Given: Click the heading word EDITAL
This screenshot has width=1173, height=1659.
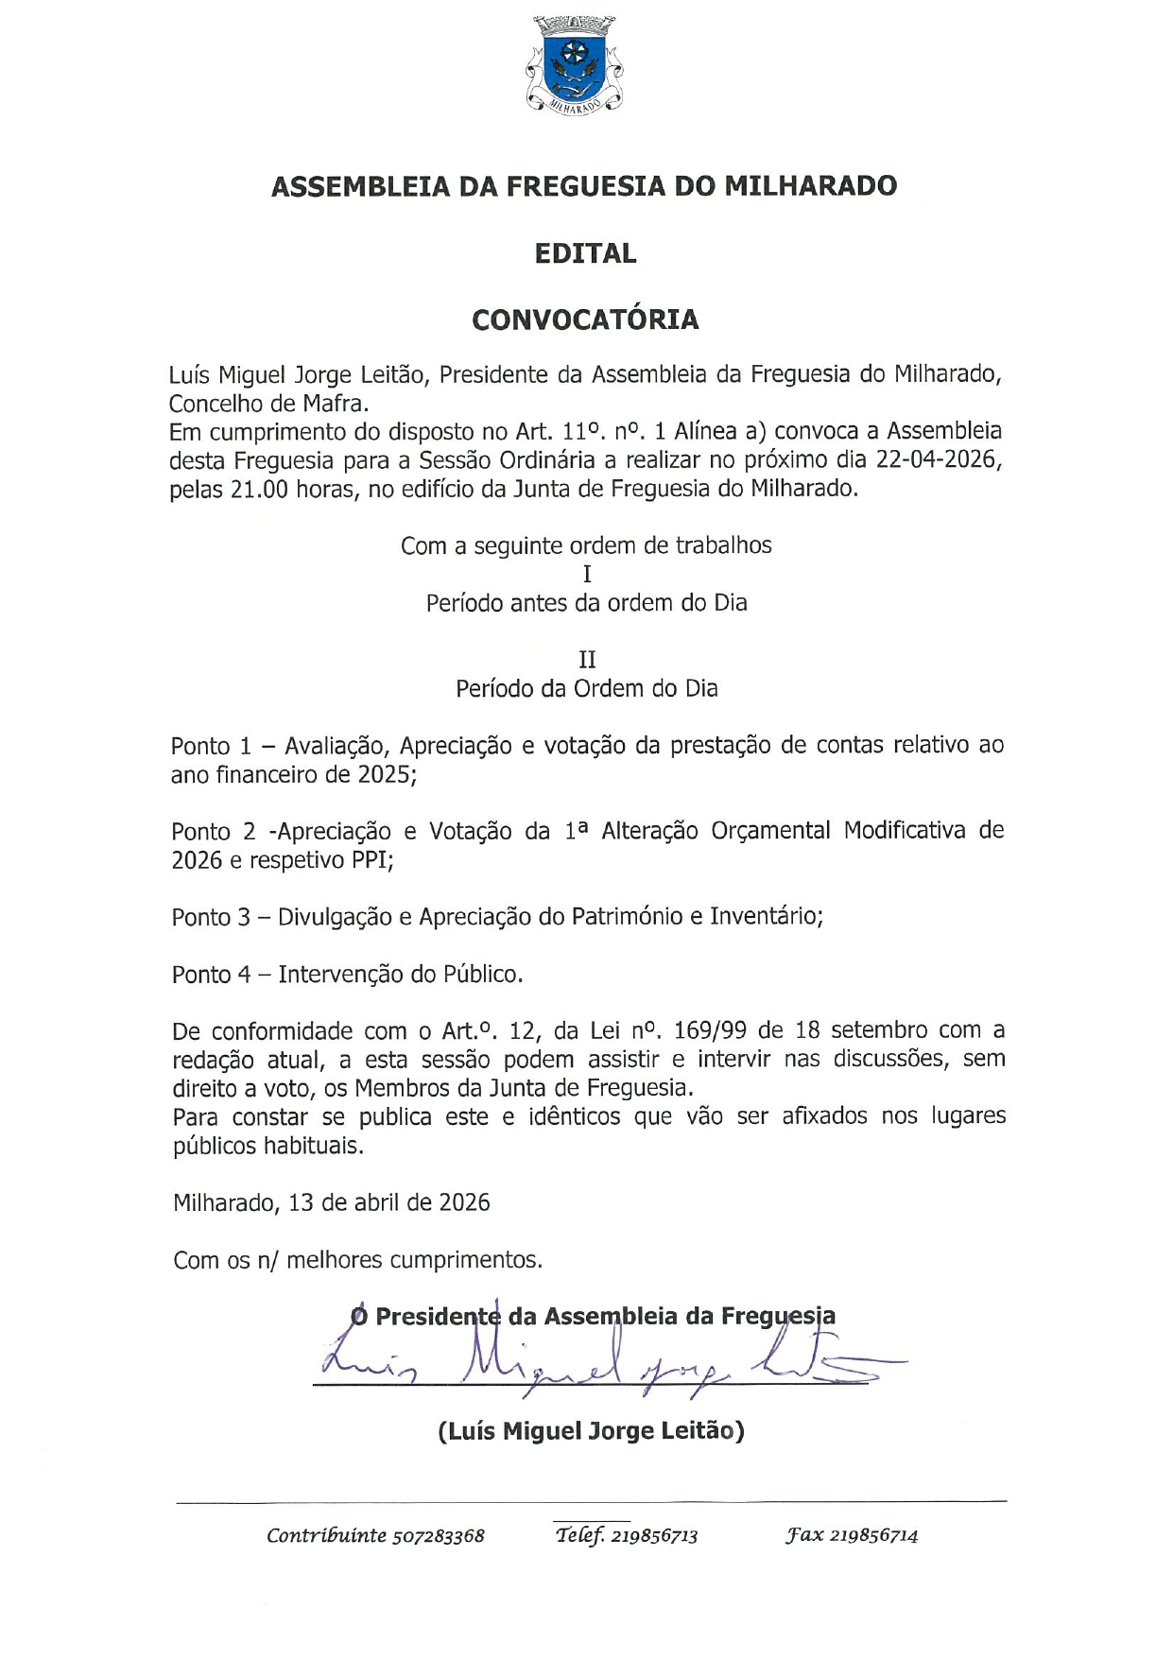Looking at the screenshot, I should (585, 253).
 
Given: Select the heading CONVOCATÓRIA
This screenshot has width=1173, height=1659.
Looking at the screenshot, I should (585, 320).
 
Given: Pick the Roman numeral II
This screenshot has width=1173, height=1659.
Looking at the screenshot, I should (587, 660).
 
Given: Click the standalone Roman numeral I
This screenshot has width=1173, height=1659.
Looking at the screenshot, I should (587, 574).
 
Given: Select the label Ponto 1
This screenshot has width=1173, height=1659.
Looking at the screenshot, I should (211, 746).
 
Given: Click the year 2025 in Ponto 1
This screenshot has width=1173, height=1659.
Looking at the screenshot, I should (385, 775).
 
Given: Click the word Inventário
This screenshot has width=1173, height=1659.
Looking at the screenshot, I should (767, 917).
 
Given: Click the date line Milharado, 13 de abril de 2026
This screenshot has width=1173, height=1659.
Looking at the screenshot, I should (332, 1203).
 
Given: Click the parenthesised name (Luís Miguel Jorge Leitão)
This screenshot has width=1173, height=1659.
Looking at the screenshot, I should (591, 1431).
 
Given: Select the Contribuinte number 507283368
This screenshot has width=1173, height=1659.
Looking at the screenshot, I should (438, 1536).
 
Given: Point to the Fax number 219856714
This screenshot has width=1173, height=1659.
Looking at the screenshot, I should (874, 1535).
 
